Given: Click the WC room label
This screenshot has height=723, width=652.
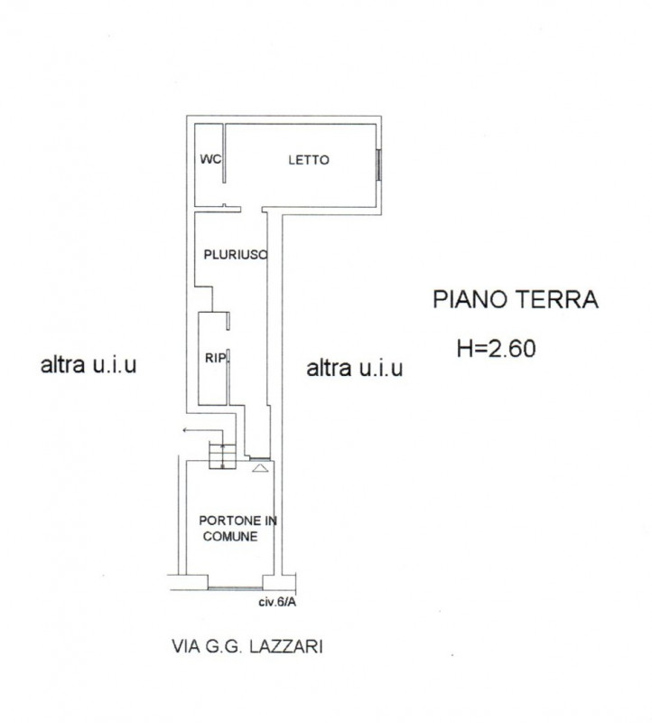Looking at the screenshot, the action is click(210, 159).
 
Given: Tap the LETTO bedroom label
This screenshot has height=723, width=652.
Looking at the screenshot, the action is click(309, 160).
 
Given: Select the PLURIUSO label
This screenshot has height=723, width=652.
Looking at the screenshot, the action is click(236, 255).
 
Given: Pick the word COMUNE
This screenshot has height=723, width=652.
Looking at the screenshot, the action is click(230, 536).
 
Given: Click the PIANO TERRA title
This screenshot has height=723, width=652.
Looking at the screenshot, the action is click(516, 299).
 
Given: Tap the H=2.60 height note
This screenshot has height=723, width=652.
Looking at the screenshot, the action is click(497, 348).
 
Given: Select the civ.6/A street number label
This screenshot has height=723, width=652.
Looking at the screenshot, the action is click(277, 602).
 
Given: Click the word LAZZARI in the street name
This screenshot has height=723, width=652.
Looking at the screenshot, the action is click(285, 646).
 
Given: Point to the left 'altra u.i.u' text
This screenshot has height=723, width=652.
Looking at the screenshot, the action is click(88, 365).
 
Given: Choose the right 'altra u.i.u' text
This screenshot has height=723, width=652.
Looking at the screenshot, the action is click(355, 369).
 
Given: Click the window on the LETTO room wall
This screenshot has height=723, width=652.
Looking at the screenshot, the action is click(378, 165).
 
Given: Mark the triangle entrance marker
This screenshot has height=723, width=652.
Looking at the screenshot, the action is click(260, 468).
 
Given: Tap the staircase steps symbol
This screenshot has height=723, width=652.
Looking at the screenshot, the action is click(222, 455).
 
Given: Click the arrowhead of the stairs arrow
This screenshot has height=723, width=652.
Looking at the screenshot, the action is click(185, 430).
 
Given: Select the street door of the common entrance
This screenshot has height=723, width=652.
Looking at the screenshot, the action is click(235, 588).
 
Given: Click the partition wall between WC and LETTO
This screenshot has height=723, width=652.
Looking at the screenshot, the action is click(224, 154).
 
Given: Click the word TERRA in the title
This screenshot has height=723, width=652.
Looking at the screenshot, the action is click(556, 299).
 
